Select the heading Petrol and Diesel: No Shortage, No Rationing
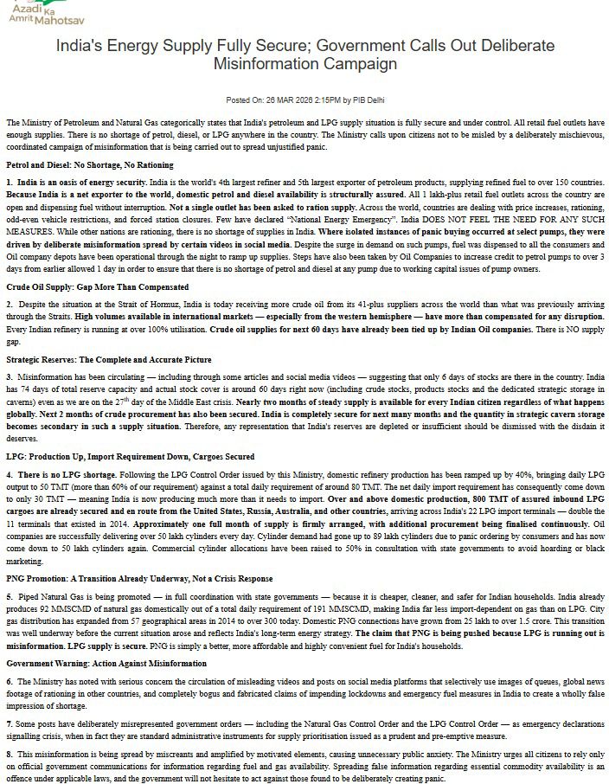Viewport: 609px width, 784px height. click(x=78, y=164)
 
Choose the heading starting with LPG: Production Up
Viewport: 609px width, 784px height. click(x=131, y=456)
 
